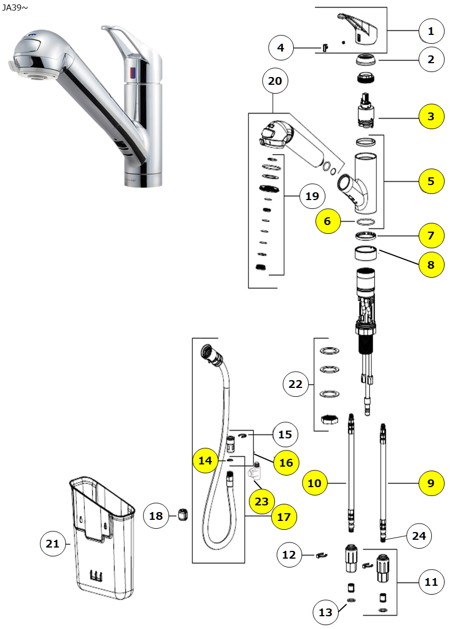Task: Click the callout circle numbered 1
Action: tap(431, 32)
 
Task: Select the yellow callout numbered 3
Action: tap(431, 116)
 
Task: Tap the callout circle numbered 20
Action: tap(275, 81)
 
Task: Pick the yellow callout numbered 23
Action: tap(262, 502)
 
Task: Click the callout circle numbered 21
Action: tap(53, 544)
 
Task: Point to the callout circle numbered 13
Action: tap(325, 612)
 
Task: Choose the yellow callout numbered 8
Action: tap(431, 264)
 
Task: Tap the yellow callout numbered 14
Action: tap(206, 461)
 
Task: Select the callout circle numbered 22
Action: tap(297, 383)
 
